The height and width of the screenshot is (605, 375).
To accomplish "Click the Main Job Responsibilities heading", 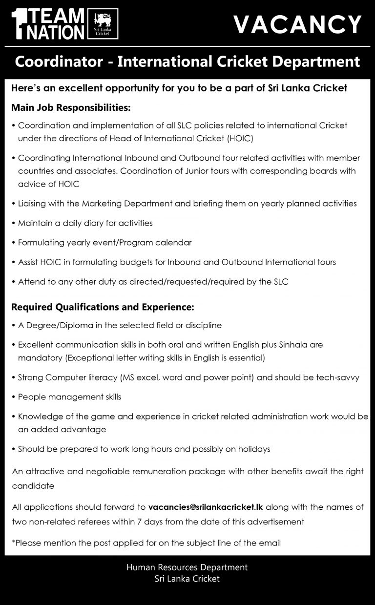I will [71, 107].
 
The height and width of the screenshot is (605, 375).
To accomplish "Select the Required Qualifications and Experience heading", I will [103, 308].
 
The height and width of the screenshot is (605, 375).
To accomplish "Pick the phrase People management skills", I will [69, 397].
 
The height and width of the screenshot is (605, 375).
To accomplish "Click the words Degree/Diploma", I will [54, 325].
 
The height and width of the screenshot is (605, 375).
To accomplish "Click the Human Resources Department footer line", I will [187, 567].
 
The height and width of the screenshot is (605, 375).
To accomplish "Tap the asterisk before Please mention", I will [13, 542].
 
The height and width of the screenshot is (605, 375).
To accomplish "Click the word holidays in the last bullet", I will [253, 449].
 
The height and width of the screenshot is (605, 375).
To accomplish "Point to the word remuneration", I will [159, 472].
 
